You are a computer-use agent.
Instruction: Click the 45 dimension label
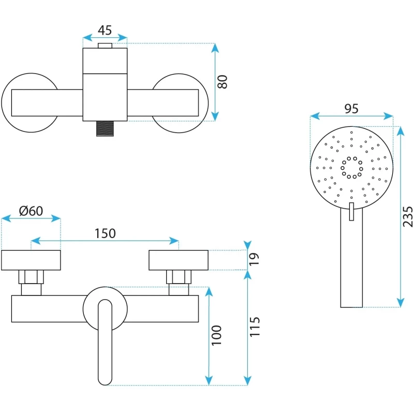105,31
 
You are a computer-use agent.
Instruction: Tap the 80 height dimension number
223,82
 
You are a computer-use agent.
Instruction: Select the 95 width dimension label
351,109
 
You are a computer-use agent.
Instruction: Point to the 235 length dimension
408,217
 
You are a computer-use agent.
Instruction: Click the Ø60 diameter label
31,211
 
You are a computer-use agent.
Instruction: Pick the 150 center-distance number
105,233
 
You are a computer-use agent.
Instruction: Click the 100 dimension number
217,335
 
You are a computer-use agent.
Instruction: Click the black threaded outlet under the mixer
105,129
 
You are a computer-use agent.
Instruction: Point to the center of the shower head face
351,167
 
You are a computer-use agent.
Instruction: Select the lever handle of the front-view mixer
105,342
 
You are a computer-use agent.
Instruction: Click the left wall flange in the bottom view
31,260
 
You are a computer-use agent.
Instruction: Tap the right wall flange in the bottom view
179,260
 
